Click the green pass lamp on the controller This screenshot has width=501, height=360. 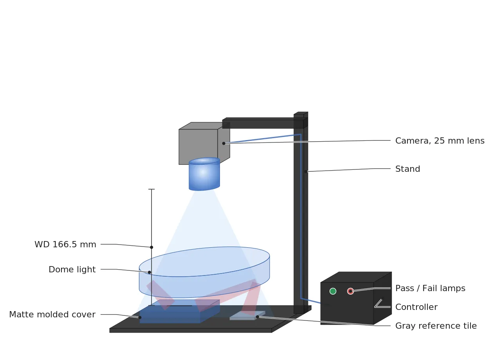click(x=333, y=291)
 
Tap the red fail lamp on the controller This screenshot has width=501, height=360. click(x=350, y=291)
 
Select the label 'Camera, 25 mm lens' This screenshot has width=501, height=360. click(x=440, y=141)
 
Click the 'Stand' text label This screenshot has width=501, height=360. click(x=407, y=169)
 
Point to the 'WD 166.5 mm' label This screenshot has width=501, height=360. click(x=65, y=245)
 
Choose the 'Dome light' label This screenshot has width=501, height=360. click(x=72, y=270)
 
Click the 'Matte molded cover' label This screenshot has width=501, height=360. click(x=52, y=315)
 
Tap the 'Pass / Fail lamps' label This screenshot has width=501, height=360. click(x=430, y=288)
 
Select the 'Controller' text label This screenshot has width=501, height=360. click(x=416, y=307)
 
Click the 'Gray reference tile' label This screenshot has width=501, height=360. click(x=436, y=326)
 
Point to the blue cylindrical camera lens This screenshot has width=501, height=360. click(x=204, y=174)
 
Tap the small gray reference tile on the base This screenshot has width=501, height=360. click(x=247, y=315)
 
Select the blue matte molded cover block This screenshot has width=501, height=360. click(x=180, y=311)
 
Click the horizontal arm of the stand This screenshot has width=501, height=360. click(x=263, y=123)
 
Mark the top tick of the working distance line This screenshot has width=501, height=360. click(x=151, y=189)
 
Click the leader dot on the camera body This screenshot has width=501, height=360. click(x=223, y=143)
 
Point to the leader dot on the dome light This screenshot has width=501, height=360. click(x=150, y=272)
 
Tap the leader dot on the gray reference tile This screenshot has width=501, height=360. click(x=257, y=317)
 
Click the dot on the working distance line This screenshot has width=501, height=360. click(x=151, y=247)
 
